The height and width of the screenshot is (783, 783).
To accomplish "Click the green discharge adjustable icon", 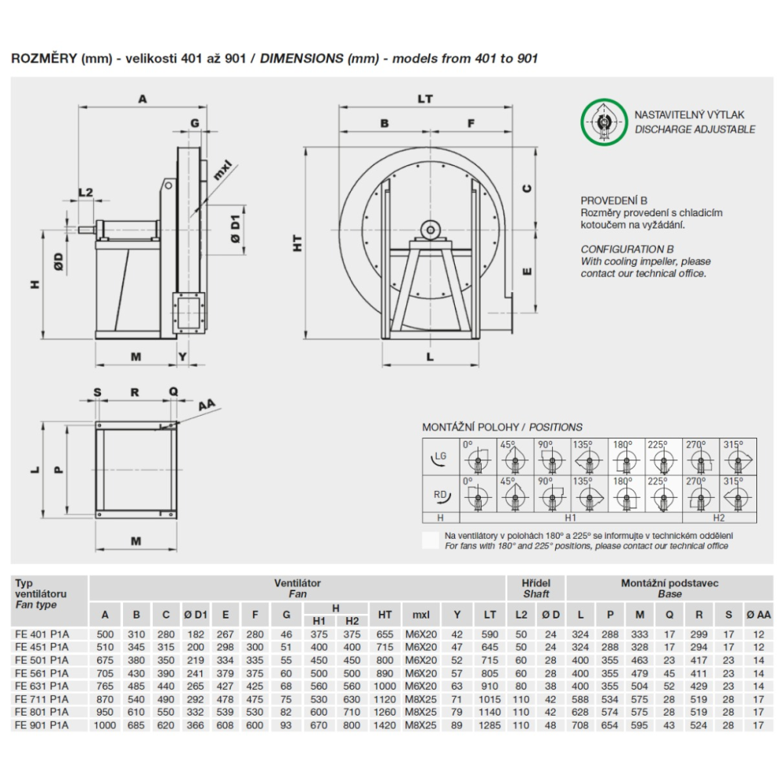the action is (x=604, y=122).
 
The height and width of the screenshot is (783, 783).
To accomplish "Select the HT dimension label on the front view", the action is (x=298, y=244).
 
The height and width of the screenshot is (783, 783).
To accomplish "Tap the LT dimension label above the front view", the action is (x=425, y=99).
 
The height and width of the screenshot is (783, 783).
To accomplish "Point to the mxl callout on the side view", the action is (x=222, y=170).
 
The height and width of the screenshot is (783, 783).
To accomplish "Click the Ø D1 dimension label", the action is (x=235, y=229).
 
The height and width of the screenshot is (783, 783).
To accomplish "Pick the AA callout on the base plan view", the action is (x=207, y=405).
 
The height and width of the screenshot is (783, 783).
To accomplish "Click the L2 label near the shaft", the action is (x=86, y=193).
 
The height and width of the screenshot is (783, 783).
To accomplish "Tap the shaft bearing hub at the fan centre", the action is (x=429, y=230).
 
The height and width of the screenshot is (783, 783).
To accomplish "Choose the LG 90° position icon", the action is (x=552, y=456).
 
